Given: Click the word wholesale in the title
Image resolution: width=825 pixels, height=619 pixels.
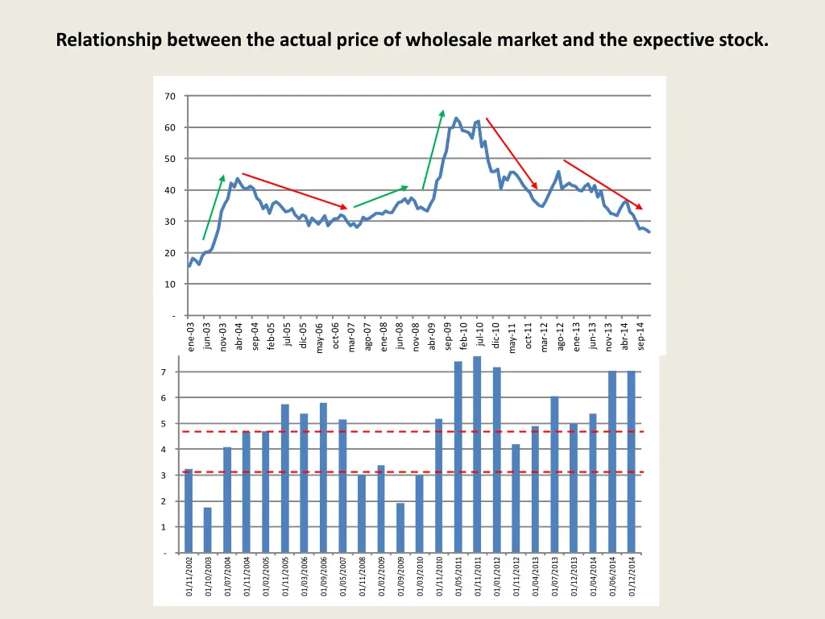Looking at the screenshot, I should (444, 39).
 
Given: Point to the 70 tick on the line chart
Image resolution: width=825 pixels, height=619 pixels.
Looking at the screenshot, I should (170, 97).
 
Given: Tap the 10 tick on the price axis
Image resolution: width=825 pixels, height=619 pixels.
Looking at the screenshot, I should (170, 285).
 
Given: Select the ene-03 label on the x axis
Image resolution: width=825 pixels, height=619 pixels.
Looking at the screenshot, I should (191, 338).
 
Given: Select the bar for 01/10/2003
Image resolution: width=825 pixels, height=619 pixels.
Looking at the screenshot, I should (208, 530).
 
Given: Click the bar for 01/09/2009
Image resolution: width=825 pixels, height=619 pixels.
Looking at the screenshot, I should (400, 528).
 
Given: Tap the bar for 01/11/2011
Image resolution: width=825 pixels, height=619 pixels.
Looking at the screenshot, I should (477, 455).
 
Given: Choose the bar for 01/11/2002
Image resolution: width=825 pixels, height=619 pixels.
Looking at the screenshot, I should (189, 511).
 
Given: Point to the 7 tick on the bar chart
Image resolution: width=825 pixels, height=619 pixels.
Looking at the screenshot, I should (164, 372).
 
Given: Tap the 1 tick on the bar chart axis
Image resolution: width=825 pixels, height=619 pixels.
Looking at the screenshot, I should (164, 527).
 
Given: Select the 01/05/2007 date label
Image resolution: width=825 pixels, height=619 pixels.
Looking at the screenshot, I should (343, 576).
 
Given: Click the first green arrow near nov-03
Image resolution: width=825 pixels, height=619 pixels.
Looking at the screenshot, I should (213, 208).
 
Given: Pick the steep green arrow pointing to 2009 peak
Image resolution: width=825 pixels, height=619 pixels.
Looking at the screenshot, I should (433, 150).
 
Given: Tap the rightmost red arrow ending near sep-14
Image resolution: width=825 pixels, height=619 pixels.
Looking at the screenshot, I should (603, 185).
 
